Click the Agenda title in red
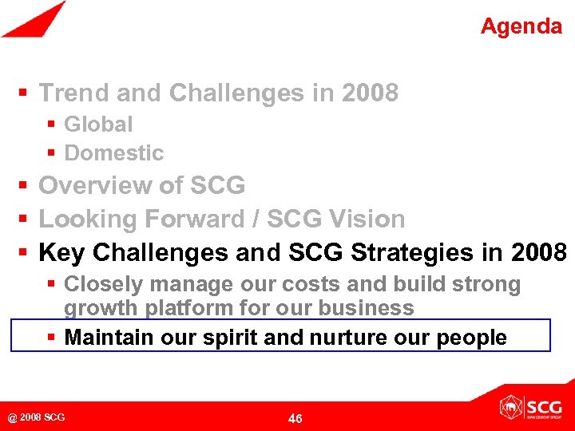coord(521,26)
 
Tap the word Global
coord(98,125)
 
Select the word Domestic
coord(113,152)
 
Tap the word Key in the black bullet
coord(62,252)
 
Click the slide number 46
coord(295,418)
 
